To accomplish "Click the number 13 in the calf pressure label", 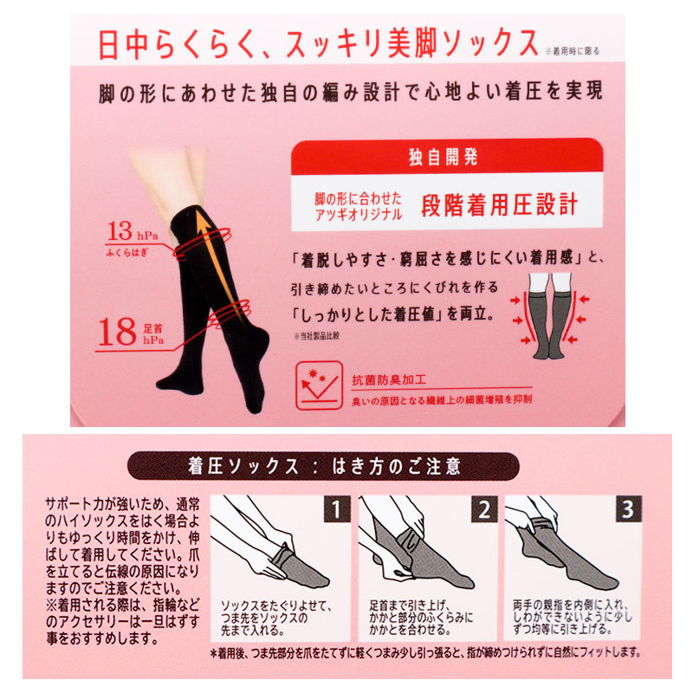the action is (x=120, y=231).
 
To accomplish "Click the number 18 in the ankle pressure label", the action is (x=117, y=332).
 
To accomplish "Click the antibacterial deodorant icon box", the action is (x=319, y=385).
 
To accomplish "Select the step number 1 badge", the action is (x=337, y=509).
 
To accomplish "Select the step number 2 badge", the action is (x=484, y=509).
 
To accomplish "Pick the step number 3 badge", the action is (x=629, y=509).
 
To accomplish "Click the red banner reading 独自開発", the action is (x=447, y=157).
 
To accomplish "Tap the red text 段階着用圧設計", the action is (x=500, y=204).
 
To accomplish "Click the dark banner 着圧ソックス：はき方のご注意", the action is (x=323, y=466).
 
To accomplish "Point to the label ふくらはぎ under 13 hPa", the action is (x=127, y=253).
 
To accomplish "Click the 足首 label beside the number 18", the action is (x=153, y=328).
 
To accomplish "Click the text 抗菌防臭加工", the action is (x=389, y=380).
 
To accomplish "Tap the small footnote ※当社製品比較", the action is (x=316, y=336).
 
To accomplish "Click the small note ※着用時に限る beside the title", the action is (x=573, y=51).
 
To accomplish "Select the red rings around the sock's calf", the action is (x=203, y=243).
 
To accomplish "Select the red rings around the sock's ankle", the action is (x=229, y=314).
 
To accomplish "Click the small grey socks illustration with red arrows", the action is (x=550, y=315).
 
